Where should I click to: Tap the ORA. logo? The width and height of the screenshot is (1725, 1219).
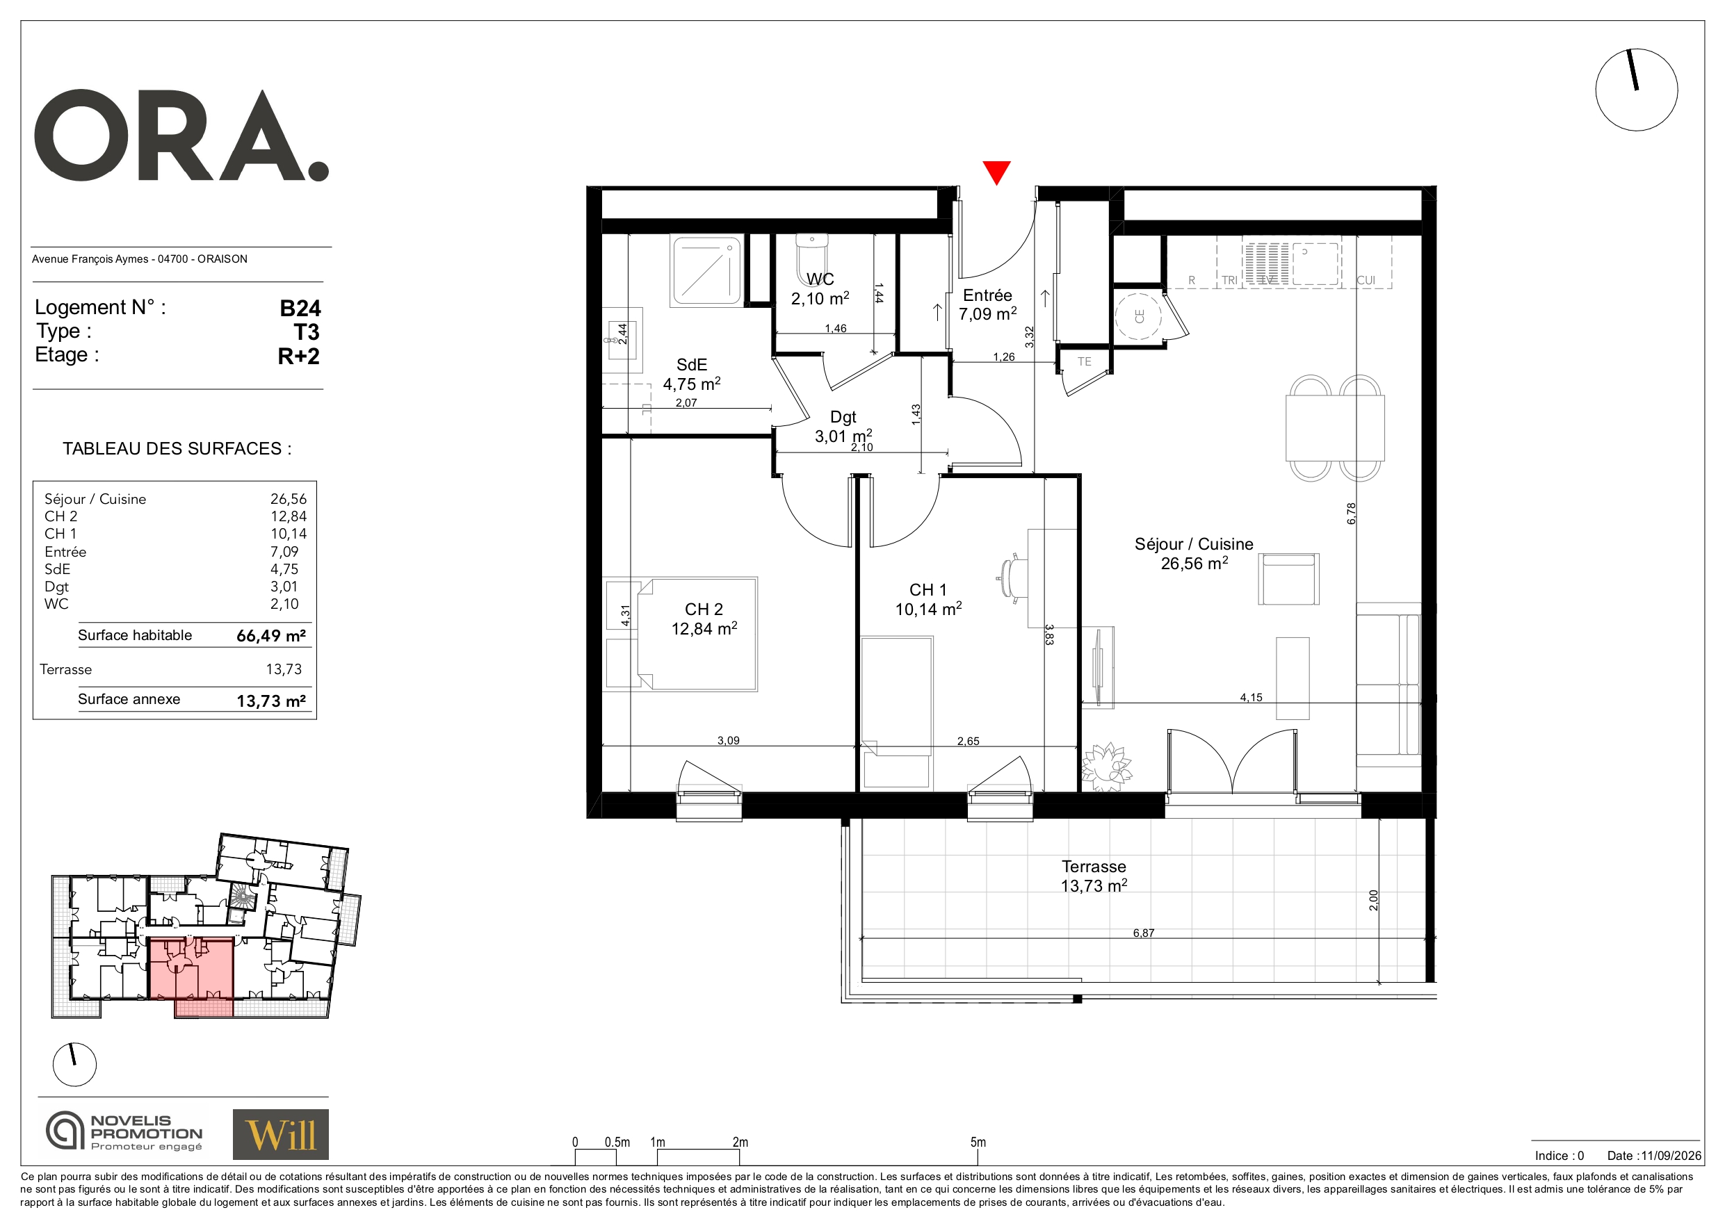181,136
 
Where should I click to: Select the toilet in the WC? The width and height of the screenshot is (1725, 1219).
811,258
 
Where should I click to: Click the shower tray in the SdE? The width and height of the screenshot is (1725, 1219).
706,271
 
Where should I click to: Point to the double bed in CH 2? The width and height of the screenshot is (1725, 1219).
697,634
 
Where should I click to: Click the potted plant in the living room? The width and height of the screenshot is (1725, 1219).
1106,766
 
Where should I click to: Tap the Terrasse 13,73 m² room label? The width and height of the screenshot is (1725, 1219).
1094,876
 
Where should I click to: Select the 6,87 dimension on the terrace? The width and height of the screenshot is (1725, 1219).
1144,933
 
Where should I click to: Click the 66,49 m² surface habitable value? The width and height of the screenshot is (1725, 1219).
270,635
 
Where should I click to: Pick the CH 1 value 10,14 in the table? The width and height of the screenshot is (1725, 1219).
289,534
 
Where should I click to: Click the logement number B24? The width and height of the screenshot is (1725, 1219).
300,308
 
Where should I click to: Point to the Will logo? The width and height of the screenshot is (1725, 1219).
280,1134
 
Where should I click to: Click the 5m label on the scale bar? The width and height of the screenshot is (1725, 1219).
978,1143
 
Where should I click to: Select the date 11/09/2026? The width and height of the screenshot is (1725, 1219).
1671,1156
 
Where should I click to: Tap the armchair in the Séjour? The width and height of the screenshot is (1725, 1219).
1288,578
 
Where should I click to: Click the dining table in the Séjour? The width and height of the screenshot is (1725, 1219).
1335,427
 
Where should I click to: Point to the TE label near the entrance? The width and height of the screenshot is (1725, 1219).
1084,361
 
